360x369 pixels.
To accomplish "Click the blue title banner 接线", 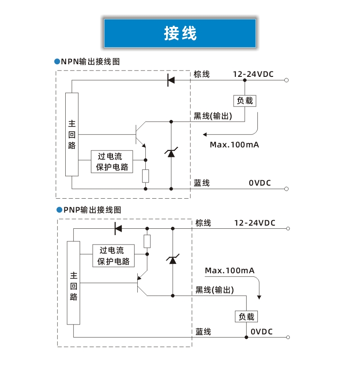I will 180,33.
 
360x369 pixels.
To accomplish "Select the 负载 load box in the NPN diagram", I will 245,101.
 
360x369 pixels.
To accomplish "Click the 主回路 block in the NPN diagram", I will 72,134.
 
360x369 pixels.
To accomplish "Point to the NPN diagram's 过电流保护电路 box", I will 112,162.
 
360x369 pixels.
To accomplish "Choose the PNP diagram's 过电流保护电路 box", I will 114,256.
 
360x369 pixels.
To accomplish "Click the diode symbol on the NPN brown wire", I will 171,80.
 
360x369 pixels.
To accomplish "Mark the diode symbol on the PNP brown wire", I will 118,228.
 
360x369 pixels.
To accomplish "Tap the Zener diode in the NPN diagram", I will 171,153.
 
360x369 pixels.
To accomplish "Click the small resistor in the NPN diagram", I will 145,176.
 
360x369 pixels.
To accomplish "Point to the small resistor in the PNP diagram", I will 147,241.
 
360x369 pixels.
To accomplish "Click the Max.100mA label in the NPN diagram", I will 234,145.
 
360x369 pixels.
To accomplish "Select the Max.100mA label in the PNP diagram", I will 229,271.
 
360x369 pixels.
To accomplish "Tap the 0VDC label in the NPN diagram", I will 261,183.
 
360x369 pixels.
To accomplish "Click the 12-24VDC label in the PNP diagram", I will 255,223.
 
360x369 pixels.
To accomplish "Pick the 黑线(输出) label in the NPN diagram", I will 213,116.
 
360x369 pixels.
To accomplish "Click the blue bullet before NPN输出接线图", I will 57,61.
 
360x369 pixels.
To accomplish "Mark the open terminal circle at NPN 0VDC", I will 286,189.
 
